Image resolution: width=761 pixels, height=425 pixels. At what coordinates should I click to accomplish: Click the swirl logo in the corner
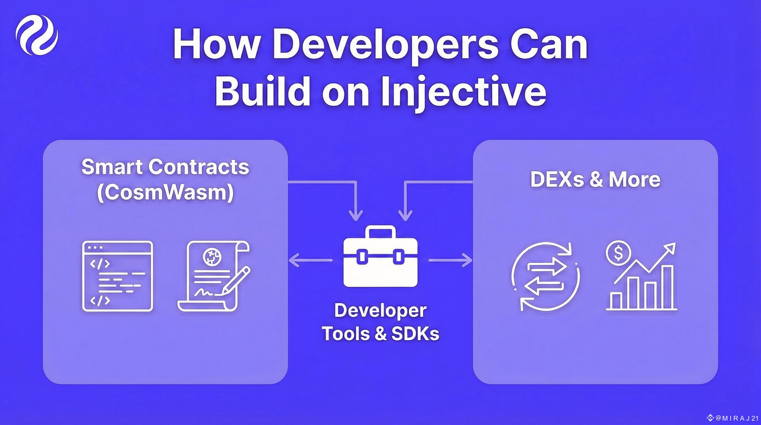pyautogui.click(x=37, y=35)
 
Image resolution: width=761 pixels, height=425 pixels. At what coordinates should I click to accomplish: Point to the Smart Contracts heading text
pyautogui.click(x=165, y=167)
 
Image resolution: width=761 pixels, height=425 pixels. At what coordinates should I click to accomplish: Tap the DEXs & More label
pyautogui.click(x=595, y=179)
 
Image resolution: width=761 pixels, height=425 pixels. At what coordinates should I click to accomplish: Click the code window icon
pyautogui.click(x=118, y=276)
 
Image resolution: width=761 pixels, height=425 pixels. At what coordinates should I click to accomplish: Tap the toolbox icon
pyautogui.click(x=380, y=257)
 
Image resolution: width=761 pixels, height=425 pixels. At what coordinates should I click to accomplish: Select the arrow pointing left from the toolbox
pyautogui.click(x=310, y=260)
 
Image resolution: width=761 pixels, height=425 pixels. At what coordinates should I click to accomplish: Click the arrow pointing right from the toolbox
pyautogui.click(x=450, y=260)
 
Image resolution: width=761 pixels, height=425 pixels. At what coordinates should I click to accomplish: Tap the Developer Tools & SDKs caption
pyautogui.click(x=380, y=322)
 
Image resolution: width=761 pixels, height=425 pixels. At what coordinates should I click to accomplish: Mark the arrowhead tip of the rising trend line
pyautogui.click(x=675, y=243)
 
